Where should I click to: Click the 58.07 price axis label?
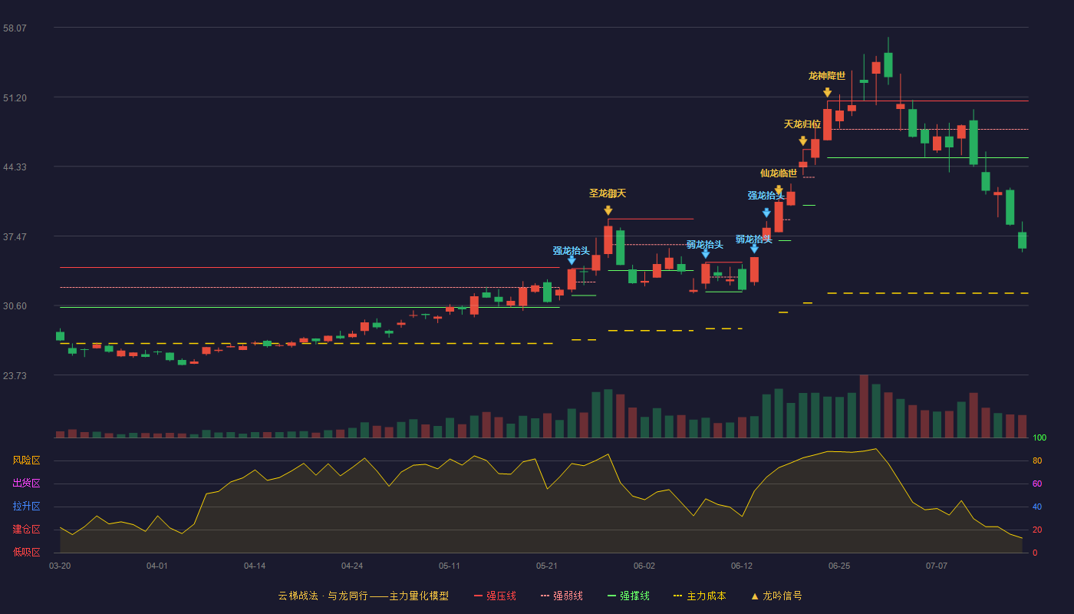15,28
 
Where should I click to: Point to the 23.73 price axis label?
15,375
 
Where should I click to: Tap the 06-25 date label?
839,566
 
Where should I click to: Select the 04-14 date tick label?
255,566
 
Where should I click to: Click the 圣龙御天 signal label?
608,193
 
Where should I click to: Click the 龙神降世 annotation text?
827,76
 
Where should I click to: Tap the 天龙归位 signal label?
802,124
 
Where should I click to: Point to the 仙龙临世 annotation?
779,173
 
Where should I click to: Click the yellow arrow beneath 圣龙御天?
608,210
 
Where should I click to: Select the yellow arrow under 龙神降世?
827,92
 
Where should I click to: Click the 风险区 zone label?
26,460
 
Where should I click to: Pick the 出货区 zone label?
26,483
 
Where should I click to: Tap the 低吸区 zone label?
26,552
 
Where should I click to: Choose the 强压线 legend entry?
495,596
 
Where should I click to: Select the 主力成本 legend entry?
700,596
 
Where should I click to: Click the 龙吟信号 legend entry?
776,596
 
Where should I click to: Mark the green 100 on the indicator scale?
1039,437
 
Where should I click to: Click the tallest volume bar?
864,406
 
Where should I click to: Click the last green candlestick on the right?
1022,239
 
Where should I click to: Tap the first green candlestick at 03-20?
60,335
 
